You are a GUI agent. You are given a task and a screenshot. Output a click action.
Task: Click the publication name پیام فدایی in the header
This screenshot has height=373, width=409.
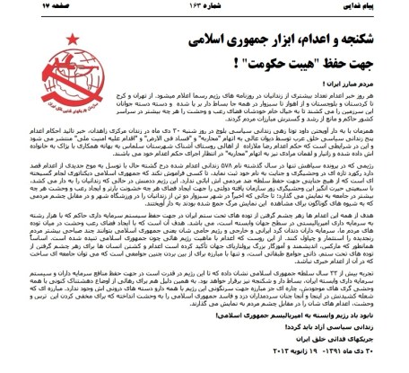coord(378,6)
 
